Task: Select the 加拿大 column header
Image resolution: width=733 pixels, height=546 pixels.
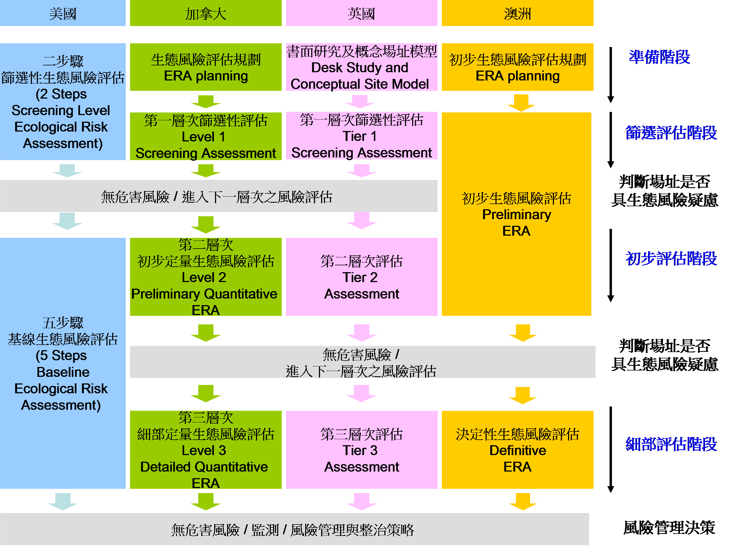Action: pyautogui.click(x=205, y=13)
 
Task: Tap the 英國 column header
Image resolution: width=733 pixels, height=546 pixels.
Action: pyautogui.click(x=361, y=13)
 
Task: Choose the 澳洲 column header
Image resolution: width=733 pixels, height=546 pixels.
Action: pyautogui.click(x=517, y=13)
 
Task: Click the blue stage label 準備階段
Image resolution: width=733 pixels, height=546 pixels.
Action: pyautogui.click(x=659, y=57)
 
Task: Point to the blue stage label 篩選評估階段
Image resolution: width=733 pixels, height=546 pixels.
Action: pyautogui.click(x=671, y=133)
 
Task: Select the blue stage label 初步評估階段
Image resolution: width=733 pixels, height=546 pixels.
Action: pyautogui.click(x=671, y=258)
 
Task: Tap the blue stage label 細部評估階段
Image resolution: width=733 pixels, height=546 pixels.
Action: pyautogui.click(x=671, y=444)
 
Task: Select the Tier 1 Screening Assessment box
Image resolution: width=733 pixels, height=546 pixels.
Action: pyautogui.click(x=361, y=136)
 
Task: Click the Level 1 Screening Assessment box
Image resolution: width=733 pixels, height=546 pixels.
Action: pyautogui.click(x=205, y=136)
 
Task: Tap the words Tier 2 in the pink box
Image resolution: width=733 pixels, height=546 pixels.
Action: pyautogui.click(x=360, y=277)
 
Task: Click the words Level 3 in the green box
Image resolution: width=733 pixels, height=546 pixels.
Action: pyautogui.click(x=204, y=450)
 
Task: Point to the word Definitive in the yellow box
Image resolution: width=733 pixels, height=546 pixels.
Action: pyautogui.click(x=517, y=450)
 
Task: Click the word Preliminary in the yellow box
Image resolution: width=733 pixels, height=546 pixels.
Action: pyautogui.click(x=516, y=215)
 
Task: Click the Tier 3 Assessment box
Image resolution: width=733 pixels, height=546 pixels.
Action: pyautogui.click(x=361, y=450)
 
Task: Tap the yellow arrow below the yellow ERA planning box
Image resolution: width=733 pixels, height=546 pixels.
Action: pyautogui.click(x=521, y=103)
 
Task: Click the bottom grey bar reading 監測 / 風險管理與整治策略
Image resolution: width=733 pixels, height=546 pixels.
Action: pyautogui.click(x=293, y=530)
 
